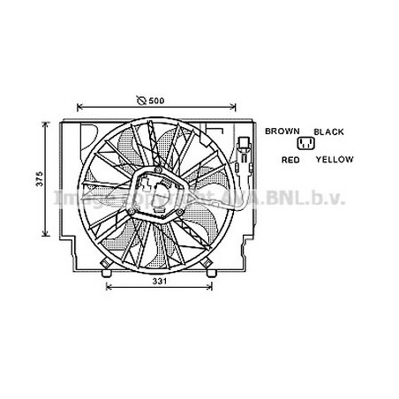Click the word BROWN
click(282, 131)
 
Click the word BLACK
click(327, 131)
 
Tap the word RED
click(290, 160)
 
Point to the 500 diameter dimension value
click(156, 100)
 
